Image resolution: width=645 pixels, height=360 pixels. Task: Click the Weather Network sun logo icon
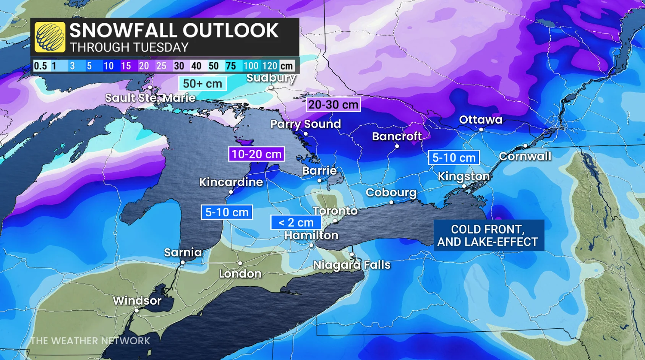click(50, 37)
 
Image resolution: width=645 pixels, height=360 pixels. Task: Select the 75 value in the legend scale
click(230, 66)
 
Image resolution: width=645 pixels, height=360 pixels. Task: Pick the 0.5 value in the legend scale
click(40, 66)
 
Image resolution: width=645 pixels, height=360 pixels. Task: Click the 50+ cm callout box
click(202, 83)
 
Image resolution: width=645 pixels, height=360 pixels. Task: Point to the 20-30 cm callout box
click(333, 104)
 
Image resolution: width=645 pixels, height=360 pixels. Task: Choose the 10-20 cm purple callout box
click(256, 154)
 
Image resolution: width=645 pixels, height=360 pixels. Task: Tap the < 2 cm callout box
click(296, 222)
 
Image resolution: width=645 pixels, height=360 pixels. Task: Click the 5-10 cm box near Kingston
click(454, 157)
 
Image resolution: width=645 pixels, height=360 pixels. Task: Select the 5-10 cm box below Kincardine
click(227, 212)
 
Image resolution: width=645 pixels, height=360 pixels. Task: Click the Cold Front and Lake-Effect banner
click(488, 235)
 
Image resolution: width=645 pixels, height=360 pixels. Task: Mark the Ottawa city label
click(480, 120)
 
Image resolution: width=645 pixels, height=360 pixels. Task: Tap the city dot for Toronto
click(335, 221)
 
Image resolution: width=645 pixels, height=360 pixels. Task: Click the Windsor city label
click(137, 300)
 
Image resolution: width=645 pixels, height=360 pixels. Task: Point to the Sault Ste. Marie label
click(150, 98)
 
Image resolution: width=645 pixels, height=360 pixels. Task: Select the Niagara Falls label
click(352, 265)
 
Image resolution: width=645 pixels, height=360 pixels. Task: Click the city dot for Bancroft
click(397, 146)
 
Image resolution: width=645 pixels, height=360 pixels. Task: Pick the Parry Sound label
click(305, 124)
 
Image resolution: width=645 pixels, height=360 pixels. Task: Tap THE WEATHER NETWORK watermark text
click(90, 341)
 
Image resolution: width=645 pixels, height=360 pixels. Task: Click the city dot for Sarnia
click(183, 263)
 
